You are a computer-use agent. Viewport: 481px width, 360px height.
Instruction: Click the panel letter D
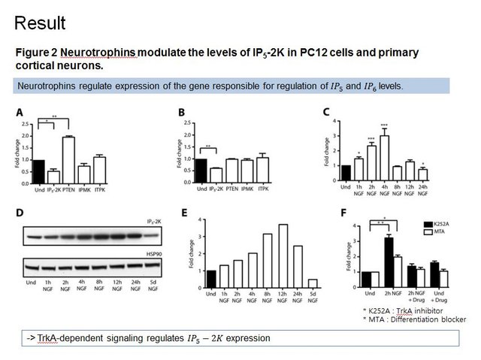coord(20,213)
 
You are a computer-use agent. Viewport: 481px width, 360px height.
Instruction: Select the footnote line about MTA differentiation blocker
coord(414,319)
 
